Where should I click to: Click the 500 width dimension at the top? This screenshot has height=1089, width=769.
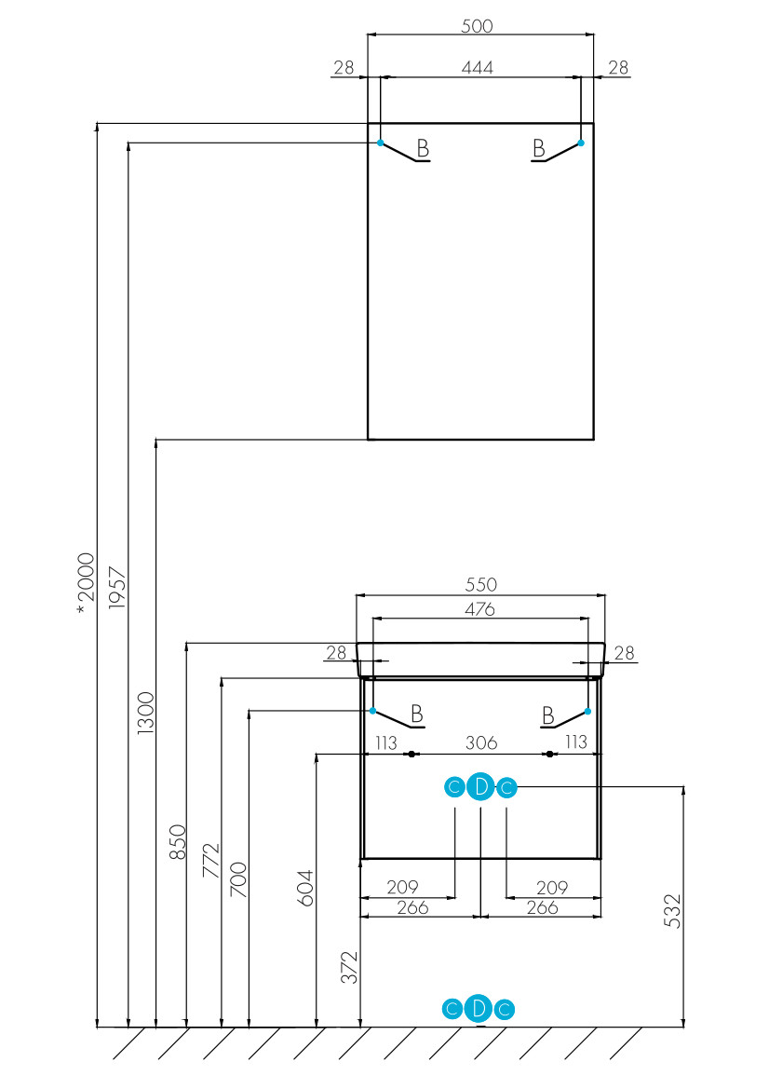coord(477,26)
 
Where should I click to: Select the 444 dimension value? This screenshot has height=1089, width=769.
coord(478,67)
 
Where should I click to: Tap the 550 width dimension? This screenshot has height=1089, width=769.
coord(481,584)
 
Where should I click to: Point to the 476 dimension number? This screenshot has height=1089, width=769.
coord(479,609)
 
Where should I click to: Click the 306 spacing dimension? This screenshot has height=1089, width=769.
coord(481,742)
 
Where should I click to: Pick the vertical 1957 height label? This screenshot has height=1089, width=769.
coord(118,588)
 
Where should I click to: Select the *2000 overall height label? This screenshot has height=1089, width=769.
coord(85,583)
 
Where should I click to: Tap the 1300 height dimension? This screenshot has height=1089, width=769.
coord(146,713)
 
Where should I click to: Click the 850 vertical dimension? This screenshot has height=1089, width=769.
coord(179,842)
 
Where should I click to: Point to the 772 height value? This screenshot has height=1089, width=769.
coord(211,861)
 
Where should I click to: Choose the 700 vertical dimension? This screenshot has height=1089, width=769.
coord(238,879)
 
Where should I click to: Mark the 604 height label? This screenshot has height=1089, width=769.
coord(305,889)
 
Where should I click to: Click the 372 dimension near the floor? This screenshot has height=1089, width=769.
coord(350,967)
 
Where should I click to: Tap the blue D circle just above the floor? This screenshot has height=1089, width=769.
coord(479,1009)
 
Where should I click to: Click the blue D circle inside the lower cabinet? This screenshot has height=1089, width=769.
coord(480,787)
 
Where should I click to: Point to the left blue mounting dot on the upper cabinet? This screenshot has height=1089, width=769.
coord(381,143)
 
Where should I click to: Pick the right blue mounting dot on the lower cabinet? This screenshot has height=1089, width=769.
coord(587,711)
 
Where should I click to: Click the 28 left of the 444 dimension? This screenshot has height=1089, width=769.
coord(344,67)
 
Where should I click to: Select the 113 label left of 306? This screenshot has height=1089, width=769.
coord(385,742)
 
